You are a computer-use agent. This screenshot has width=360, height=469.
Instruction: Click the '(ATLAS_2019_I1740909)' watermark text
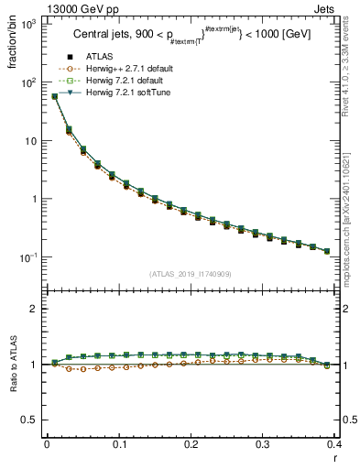(x=190, y=274)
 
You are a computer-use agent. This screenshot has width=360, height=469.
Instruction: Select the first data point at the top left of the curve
(x=55, y=96)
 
